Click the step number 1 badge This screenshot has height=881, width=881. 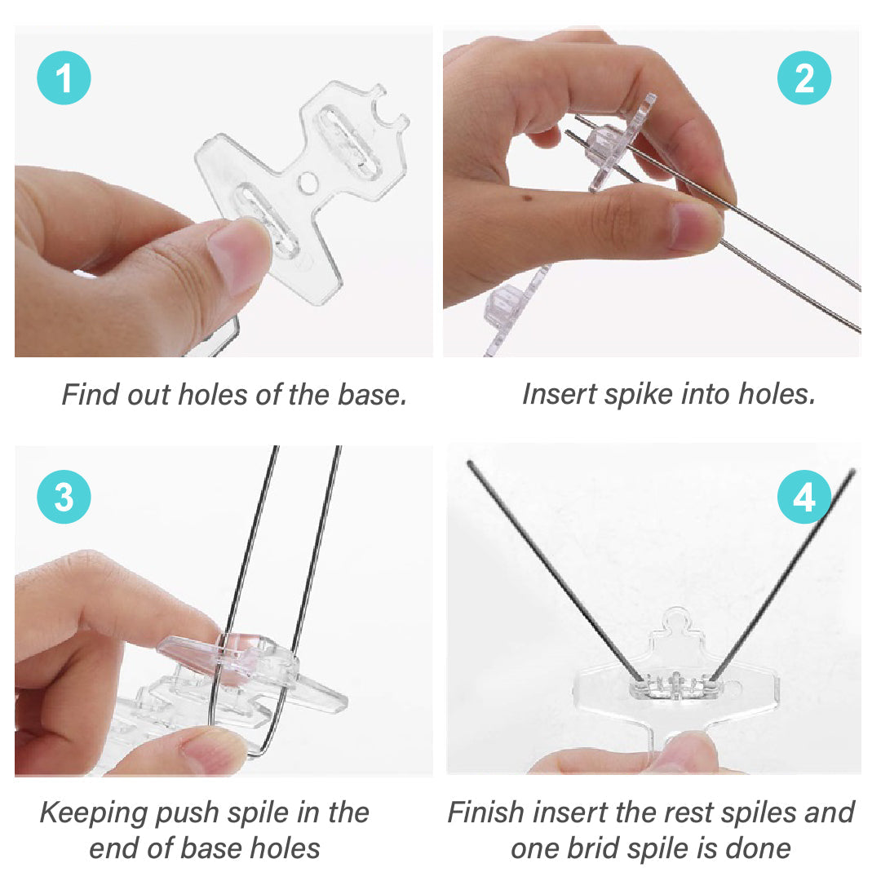click(64, 80)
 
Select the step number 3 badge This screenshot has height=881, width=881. click(64, 497)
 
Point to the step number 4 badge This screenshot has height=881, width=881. click(804, 497)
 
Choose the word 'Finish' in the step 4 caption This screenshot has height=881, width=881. click(487, 813)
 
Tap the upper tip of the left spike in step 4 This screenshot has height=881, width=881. click(471, 464)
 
